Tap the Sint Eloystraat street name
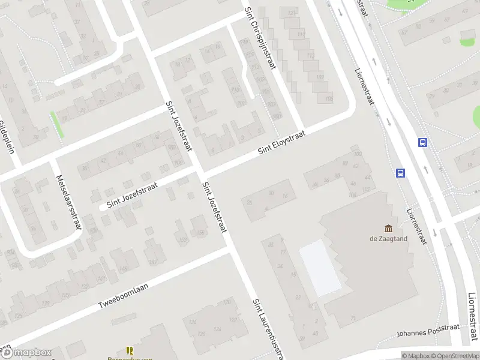pyautogui.click(x=282, y=143)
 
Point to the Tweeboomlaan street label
pyautogui.click(x=123, y=296)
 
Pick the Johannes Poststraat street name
pyautogui.click(x=428, y=331)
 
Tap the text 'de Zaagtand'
pyautogui.click(x=388, y=238)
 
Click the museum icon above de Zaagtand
pyautogui.click(x=388, y=228)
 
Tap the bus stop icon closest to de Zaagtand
pyautogui.click(x=400, y=173)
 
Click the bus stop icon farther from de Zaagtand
pyautogui.click(x=423, y=143)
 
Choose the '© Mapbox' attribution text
pyautogui.click(x=415, y=356)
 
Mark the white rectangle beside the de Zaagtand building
pyautogui.click(x=320, y=268)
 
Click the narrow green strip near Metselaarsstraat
pyautogui.click(x=58, y=124)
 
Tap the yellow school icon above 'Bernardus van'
pyautogui.click(x=129, y=350)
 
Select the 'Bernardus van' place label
pyautogui.click(x=134, y=358)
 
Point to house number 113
pyautogui.click(x=300, y=34)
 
